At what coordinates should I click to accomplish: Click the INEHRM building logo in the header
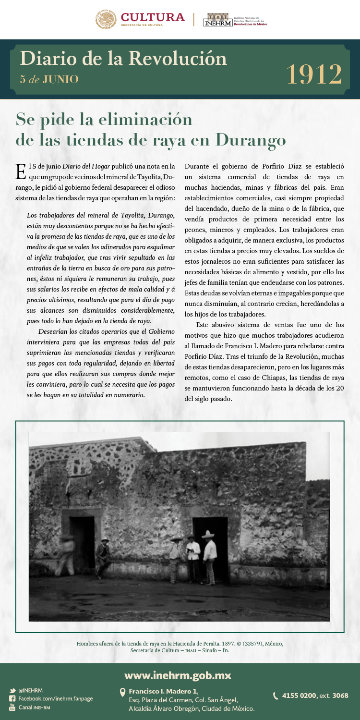(217, 19)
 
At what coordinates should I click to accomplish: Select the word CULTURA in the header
(153, 17)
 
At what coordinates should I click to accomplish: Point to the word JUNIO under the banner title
(60, 80)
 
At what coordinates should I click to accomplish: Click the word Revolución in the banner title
(178, 59)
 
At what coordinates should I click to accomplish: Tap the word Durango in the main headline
(251, 140)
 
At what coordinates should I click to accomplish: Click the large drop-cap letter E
(21, 171)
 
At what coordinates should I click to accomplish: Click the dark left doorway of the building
(83, 540)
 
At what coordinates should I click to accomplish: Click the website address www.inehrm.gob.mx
(178, 676)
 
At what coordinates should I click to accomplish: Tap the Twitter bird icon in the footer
(12, 691)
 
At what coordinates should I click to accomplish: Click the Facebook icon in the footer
(12, 699)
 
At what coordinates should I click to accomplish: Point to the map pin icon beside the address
(122, 692)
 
